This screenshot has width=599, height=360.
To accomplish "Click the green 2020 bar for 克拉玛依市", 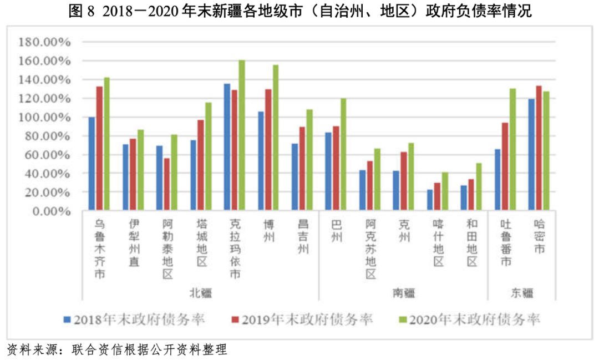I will (242, 135).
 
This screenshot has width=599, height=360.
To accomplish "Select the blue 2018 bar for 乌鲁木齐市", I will (92, 164).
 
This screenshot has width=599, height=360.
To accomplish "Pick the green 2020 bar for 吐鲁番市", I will (512, 149).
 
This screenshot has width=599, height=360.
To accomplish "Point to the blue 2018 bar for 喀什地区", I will (430, 200).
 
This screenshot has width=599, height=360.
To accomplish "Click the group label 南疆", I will (403, 292).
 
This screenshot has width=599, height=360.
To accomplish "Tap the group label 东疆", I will (521, 292).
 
